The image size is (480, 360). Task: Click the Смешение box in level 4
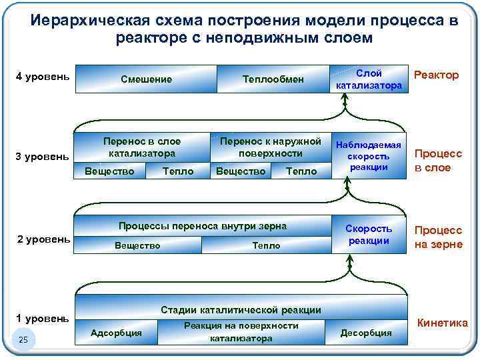(x=146, y=79)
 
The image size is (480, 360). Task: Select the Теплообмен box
(x=273, y=79)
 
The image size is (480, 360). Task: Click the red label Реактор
(x=436, y=75)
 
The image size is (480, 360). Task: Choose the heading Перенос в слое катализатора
(x=141, y=147)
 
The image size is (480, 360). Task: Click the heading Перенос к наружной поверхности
(x=270, y=147)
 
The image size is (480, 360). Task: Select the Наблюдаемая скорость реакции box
(x=369, y=156)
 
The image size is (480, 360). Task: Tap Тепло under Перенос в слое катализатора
(x=178, y=171)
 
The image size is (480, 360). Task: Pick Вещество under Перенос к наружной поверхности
(x=241, y=171)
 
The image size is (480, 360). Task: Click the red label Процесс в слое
(x=439, y=161)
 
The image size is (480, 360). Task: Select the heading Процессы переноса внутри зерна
(x=202, y=226)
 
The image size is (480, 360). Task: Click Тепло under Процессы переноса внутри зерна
(x=266, y=245)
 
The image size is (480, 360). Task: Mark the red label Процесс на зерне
(x=439, y=237)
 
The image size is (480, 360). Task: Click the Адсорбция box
(x=116, y=332)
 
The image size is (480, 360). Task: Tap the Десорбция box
(x=366, y=332)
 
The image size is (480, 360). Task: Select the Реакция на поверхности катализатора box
(x=241, y=331)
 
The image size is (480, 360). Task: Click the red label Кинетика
(x=442, y=323)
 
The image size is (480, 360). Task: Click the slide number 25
(x=23, y=341)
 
